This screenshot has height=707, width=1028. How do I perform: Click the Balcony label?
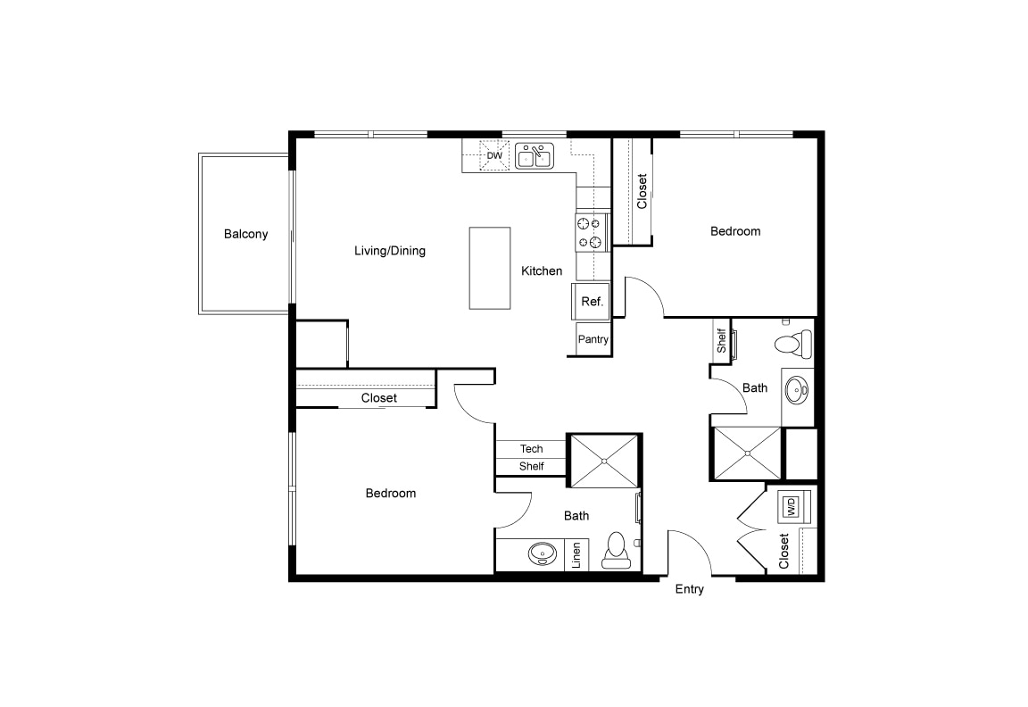[x=245, y=234]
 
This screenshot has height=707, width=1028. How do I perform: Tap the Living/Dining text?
[x=390, y=251]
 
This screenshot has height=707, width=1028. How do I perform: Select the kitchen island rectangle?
[x=490, y=268]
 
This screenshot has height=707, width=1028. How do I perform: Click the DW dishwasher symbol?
[x=494, y=156]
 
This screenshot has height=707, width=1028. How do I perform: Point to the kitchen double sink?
[x=535, y=157]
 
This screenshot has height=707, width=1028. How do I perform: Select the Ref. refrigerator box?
[x=592, y=302]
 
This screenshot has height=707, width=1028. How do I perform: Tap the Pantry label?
[x=593, y=339]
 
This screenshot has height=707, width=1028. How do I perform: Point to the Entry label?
[x=689, y=589]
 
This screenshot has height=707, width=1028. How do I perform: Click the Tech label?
[x=531, y=449]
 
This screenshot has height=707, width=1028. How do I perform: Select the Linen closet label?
[x=577, y=555]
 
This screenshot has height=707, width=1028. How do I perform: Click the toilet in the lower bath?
[x=617, y=551]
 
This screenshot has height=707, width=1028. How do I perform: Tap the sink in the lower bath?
[x=540, y=554]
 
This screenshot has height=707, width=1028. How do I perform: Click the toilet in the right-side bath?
[x=792, y=343]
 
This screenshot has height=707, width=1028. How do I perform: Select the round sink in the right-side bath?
[x=796, y=388]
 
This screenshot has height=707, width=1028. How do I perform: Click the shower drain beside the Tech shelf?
[x=604, y=461]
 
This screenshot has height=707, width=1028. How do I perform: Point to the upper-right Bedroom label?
[x=735, y=231]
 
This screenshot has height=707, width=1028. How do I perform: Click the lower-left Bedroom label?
[x=391, y=494]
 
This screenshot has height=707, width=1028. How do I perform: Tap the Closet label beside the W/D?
[x=783, y=551]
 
